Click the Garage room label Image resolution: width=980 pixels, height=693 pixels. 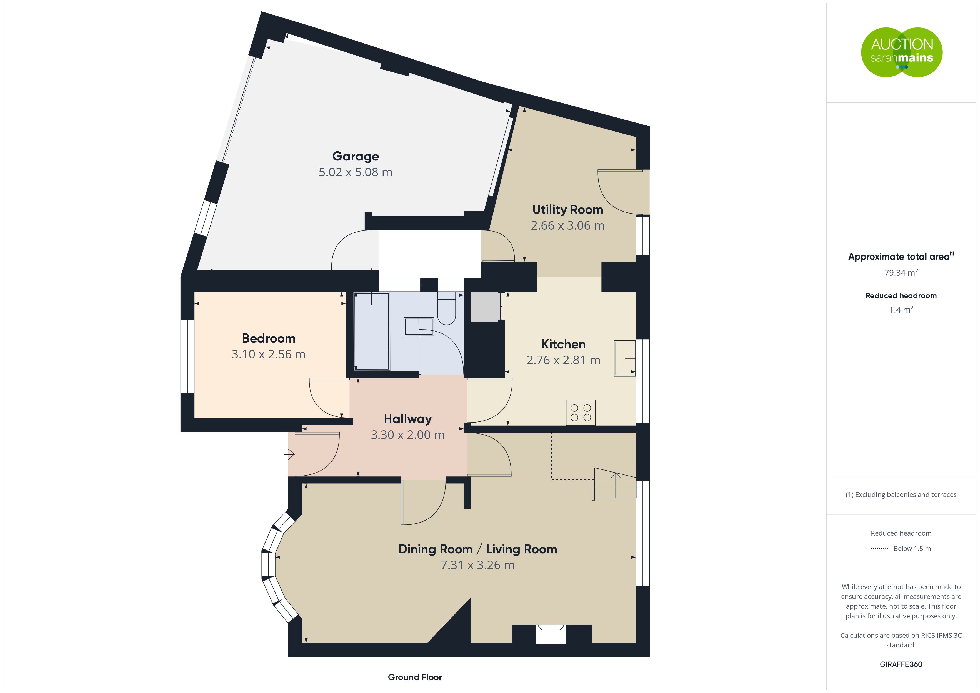click(356, 157)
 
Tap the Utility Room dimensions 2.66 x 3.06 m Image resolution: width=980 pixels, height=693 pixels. click(568, 225)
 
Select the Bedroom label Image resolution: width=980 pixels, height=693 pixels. click(269, 338)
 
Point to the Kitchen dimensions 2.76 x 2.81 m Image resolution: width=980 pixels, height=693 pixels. click(563, 360)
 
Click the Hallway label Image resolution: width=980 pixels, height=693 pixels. click(407, 419)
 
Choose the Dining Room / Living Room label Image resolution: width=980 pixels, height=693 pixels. click(477, 549)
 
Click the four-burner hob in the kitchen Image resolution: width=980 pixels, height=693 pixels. click(581, 412)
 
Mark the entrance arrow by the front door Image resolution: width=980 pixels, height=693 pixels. click(289, 455)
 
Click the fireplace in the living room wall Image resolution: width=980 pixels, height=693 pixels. click(551, 634)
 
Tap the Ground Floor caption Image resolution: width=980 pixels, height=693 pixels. click(415, 677)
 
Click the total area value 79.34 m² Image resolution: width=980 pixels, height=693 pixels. click(901, 273)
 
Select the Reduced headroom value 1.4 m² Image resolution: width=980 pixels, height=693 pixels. click(901, 310)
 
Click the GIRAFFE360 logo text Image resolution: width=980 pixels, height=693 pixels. click(901, 664)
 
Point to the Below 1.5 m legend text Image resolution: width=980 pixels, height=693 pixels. click(912, 549)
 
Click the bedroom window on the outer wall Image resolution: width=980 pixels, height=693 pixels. click(187, 356)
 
